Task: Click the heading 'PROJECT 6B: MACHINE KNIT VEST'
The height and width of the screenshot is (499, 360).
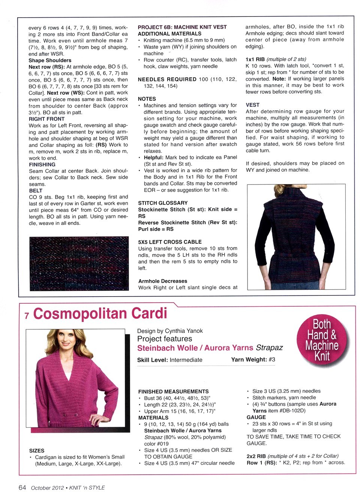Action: (x=182, y=27)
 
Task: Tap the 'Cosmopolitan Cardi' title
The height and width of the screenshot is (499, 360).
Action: (x=100, y=314)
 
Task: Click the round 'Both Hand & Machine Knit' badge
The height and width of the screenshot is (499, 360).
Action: (x=322, y=340)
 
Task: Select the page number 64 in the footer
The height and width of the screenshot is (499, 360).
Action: (x=22, y=487)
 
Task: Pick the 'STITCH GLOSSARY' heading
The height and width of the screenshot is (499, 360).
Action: (x=163, y=203)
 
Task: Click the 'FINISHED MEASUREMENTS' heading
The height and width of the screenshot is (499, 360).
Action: (x=173, y=391)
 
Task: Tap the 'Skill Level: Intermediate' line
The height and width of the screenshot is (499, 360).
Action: (x=170, y=360)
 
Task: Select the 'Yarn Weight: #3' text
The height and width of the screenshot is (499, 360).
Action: (x=253, y=360)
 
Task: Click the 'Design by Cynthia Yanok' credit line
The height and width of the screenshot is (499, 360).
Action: (x=170, y=331)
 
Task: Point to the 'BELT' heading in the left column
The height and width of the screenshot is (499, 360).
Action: (x=36, y=190)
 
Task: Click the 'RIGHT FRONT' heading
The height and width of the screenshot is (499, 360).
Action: (x=46, y=119)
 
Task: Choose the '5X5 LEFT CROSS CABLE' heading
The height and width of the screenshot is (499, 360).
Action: (x=170, y=242)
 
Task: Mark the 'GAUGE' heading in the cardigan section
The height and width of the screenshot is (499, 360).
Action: (x=256, y=417)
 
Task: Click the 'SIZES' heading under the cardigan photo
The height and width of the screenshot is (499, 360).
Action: (x=37, y=451)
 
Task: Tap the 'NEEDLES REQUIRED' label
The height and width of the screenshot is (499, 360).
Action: (x=167, y=79)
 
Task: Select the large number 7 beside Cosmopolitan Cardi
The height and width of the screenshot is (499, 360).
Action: (x=27, y=316)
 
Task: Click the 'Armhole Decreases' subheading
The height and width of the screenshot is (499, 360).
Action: (x=163, y=281)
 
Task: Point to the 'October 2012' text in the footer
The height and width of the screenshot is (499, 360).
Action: (x=47, y=488)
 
